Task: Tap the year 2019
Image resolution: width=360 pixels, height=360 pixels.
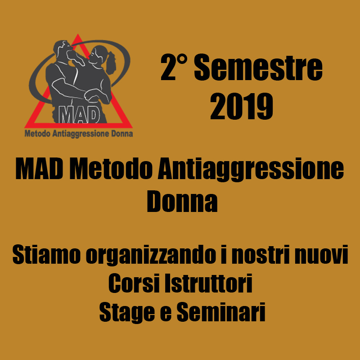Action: pyautogui.click(x=242, y=107)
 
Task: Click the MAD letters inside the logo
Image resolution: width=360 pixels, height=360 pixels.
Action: pyautogui.click(x=79, y=114)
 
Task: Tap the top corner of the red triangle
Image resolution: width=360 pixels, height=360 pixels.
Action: pyautogui.click(x=78, y=34)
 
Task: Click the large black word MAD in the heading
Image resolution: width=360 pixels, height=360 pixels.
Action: pyautogui.click(x=39, y=169)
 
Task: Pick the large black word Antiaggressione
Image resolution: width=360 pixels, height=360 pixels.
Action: pyautogui.click(x=251, y=170)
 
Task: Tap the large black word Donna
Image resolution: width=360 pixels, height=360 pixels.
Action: pyautogui.click(x=182, y=201)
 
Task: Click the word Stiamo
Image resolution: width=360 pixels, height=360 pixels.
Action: pyautogui.click(x=47, y=255)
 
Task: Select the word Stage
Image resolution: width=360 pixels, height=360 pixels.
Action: pyautogui.click(x=127, y=312)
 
